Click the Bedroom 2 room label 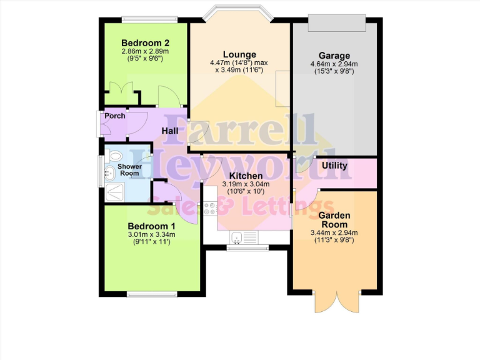click(146, 41)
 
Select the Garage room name click(334, 55)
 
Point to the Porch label click(115, 116)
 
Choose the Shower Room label click(131, 170)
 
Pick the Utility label click(334, 166)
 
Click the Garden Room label click(334, 219)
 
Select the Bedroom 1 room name click(151, 226)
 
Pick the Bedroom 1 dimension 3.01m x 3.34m click(151, 234)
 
